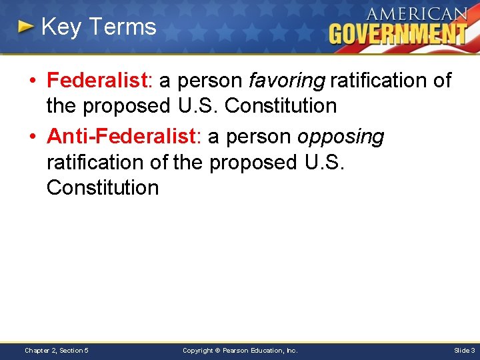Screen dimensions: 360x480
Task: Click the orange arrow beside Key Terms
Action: click(25, 27)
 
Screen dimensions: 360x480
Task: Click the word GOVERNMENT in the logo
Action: click(398, 33)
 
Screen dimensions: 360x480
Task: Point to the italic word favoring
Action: click(286, 81)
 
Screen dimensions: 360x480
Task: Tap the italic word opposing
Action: click(341, 137)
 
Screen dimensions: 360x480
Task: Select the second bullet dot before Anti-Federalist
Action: click(33, 137)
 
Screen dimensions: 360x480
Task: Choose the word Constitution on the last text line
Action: click(103, 188)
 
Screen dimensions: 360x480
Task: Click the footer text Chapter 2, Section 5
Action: click(57, 350)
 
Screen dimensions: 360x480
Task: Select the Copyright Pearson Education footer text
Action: click(240, 350)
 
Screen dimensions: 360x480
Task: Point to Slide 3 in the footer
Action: click(464, 350)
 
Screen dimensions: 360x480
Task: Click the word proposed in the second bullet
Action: click(253, 162)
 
